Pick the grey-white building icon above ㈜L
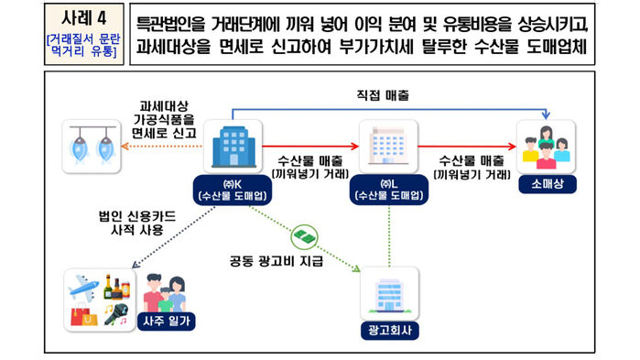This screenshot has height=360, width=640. [389, 147]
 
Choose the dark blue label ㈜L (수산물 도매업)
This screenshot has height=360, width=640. [389, 189]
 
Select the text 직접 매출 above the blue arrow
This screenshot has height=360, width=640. [382, 94]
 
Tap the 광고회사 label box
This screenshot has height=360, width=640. [389, 327]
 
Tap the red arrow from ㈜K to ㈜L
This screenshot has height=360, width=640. [311, 145]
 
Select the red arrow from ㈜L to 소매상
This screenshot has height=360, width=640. [467, 145]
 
